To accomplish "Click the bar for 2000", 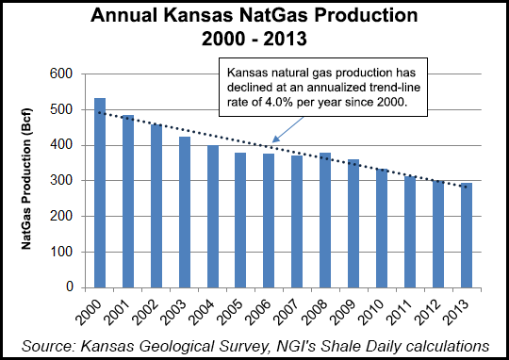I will (100, 192).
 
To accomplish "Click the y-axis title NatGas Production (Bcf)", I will (31, 180).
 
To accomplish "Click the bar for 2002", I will (156, 205).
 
